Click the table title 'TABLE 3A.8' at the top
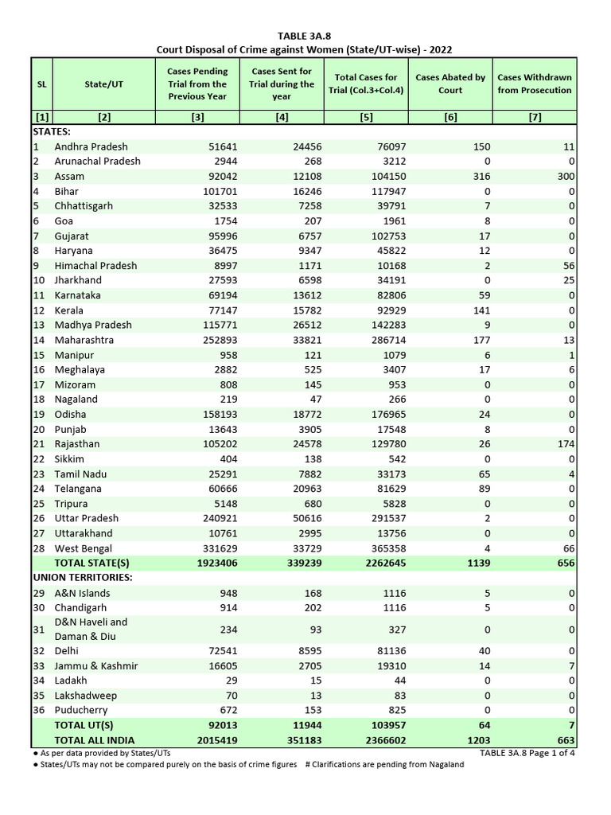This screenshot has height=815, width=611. pos(305,36)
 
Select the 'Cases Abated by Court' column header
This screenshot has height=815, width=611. pos(450,84)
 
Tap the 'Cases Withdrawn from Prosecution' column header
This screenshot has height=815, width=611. pos(534,84)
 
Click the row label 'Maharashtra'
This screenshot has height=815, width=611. pos(84,340)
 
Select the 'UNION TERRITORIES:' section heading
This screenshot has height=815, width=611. pos(82,577)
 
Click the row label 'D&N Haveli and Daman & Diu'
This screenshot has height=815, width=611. pos(91,630)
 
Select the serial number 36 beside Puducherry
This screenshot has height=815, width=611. pos(39,710)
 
